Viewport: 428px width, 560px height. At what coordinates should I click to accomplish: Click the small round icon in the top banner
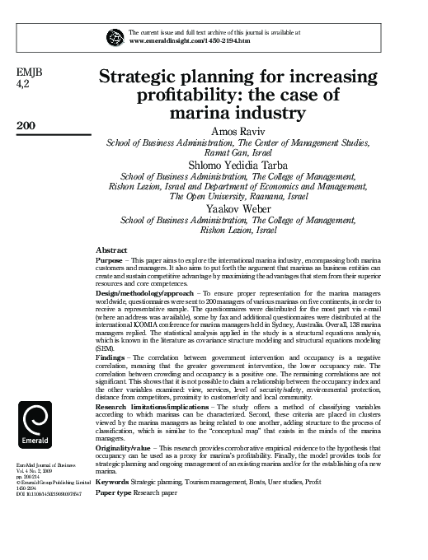point(115,35)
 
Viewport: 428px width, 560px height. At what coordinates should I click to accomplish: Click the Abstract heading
point(111,249)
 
